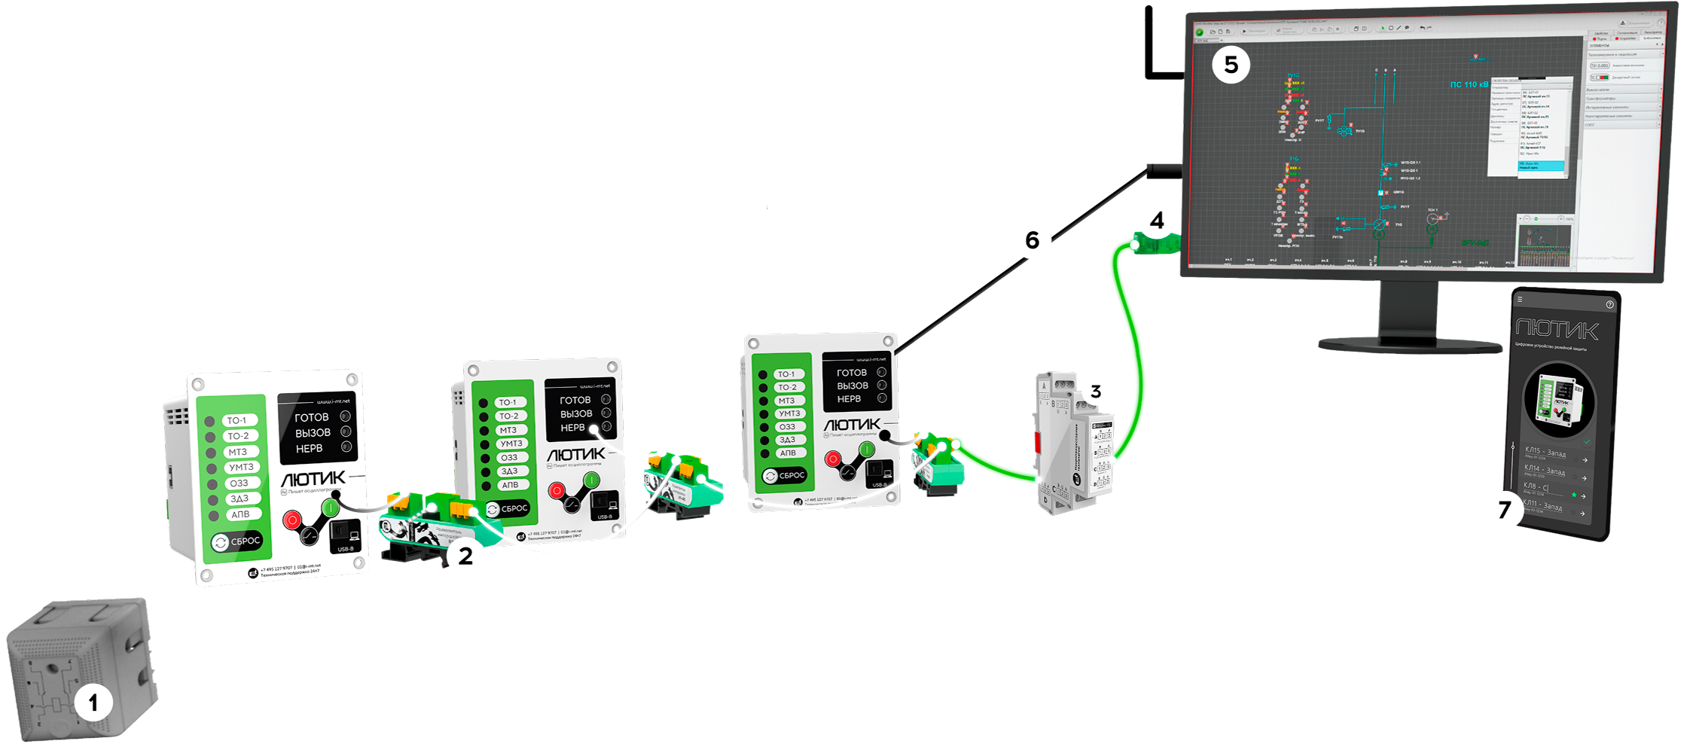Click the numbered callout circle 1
tap(93, 703)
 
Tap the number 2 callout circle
tap(465, 556)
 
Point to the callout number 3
tap(1096, 392)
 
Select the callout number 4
tap(1157, 221)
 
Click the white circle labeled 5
tap(1231, 65)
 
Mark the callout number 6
tap(1032, 240)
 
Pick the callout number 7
tap(1504, 511)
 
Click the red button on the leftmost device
tap(292, 519)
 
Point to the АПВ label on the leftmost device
tap(241, 514)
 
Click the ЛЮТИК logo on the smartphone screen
tap(1556, 330)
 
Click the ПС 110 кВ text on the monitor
tap(1469, 85)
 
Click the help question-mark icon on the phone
tap(1609, 304)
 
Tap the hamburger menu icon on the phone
tap(1520, 300)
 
